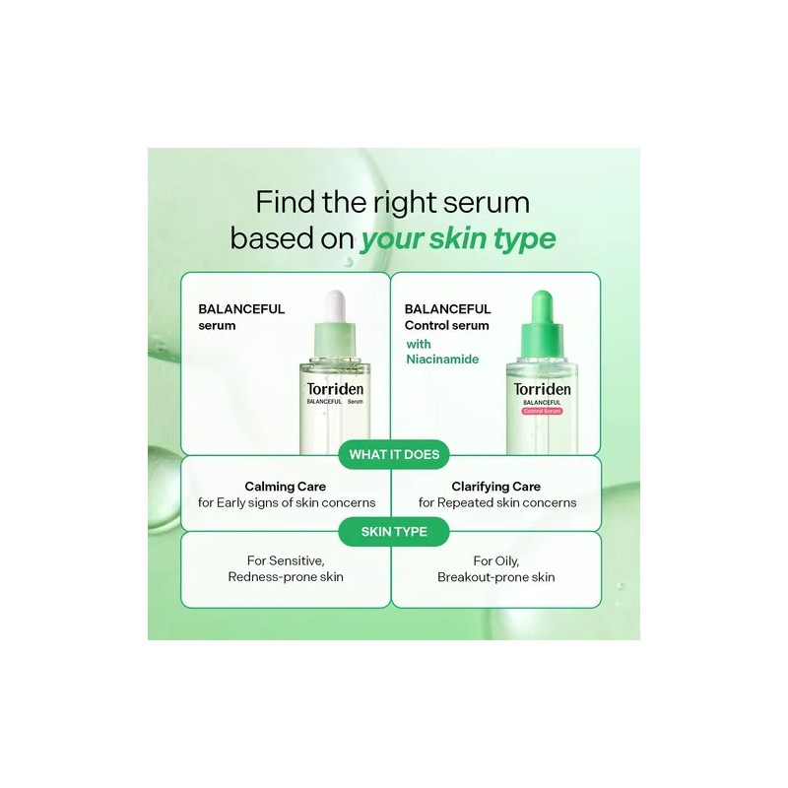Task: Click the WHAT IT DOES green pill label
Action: [x=394, y=454]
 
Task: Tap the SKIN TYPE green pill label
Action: [x=394, y=532]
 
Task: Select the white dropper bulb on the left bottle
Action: [x=335, y=306]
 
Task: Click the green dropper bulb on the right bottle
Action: [x=542, y=307]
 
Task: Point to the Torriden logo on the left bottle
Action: [x=335, y=389]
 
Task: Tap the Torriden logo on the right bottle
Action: [x=542, y=389]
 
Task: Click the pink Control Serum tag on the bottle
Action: [x=542, y=411]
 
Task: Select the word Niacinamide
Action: [x=442, y=360]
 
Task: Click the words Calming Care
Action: [x=285, y=487]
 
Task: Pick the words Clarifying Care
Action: [x=496, y=487]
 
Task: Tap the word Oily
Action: [x=507, y=560]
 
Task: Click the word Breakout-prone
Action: [x=477, y=577]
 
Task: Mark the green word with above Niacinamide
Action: [x=419, y=344]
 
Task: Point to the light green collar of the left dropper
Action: [x=335, y=340]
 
